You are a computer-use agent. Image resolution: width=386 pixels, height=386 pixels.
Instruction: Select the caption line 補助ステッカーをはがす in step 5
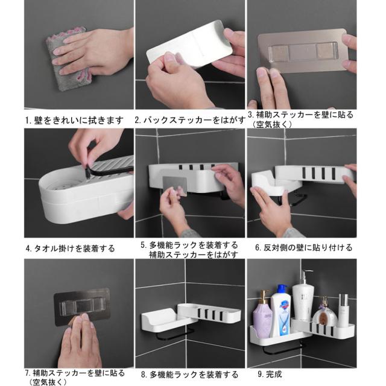pyautogui.click(x=184, y=255)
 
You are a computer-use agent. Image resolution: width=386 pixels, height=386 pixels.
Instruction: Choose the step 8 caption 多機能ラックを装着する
pyautogui.click(x=193, y=375)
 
